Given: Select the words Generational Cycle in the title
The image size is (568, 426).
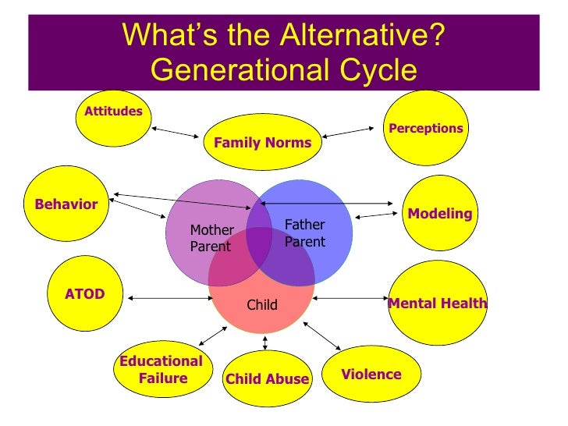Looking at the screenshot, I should pos(283,71).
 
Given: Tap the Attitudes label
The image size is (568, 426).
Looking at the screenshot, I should pos(113,111).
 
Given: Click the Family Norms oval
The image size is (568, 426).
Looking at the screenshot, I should pos(257,143).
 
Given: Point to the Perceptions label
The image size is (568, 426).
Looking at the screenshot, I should pos(425,129).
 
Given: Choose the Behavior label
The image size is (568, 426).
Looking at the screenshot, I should pos(66,204).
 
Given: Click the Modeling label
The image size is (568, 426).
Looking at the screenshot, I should pos(440,213).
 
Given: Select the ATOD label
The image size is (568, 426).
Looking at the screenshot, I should pos(84,294).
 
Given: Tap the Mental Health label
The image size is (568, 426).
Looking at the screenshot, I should pos(438,304).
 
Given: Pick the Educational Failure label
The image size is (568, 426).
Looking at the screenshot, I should pos(161,370).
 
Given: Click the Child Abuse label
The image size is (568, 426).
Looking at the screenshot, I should pos(267,380).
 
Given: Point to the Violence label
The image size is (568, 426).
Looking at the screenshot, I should pos(371,375).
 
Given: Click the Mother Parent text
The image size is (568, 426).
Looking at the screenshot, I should pos(211,238).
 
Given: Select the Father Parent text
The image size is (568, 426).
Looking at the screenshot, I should pos(304,233).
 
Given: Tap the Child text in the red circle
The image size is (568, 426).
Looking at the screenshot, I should pos(262,305).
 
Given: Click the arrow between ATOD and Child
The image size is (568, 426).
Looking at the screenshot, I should pos(169,297).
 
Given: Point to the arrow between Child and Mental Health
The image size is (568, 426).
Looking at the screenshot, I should pos(351,297).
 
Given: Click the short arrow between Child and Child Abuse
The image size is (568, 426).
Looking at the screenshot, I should pos(265,343).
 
